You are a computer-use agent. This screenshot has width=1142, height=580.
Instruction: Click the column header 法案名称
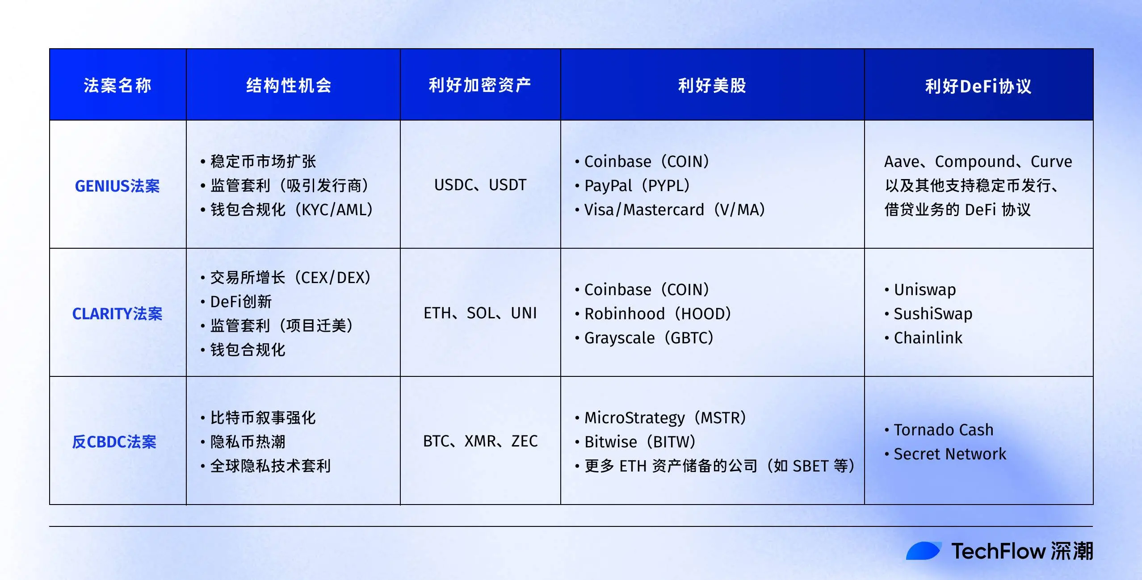point(118,85)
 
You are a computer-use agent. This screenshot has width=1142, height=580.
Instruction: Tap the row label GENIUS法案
point(117,186)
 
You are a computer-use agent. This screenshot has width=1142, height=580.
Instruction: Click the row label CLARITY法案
point(117,314)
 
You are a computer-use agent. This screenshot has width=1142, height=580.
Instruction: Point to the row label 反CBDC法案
point(114,442)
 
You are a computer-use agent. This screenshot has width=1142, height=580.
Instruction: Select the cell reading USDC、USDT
point(480,185)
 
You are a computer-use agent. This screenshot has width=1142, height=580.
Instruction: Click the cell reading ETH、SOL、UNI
point(480,313)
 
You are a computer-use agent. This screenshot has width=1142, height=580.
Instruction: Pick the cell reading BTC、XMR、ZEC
point(480,441)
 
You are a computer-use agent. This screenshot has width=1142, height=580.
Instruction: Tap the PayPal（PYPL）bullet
point(637,186)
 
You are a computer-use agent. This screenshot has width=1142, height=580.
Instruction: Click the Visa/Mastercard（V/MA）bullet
point(674,210)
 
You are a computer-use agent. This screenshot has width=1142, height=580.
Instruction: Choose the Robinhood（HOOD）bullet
point(657,314)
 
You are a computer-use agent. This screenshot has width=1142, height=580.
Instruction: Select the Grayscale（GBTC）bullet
point(648,338)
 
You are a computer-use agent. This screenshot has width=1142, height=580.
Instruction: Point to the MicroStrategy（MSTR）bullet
point(665,418)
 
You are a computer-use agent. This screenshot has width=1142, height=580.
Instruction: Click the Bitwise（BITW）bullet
point(640,442)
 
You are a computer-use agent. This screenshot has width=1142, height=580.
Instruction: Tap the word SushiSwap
point(933,314)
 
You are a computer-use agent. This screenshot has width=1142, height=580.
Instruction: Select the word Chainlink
point(928,338)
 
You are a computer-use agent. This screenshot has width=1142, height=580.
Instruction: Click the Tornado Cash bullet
point(943,430)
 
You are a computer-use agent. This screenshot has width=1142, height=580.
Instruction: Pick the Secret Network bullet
point(949,454)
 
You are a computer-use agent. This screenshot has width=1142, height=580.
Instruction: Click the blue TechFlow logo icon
point(924,551)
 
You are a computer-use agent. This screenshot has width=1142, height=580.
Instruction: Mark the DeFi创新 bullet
point(241,302)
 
